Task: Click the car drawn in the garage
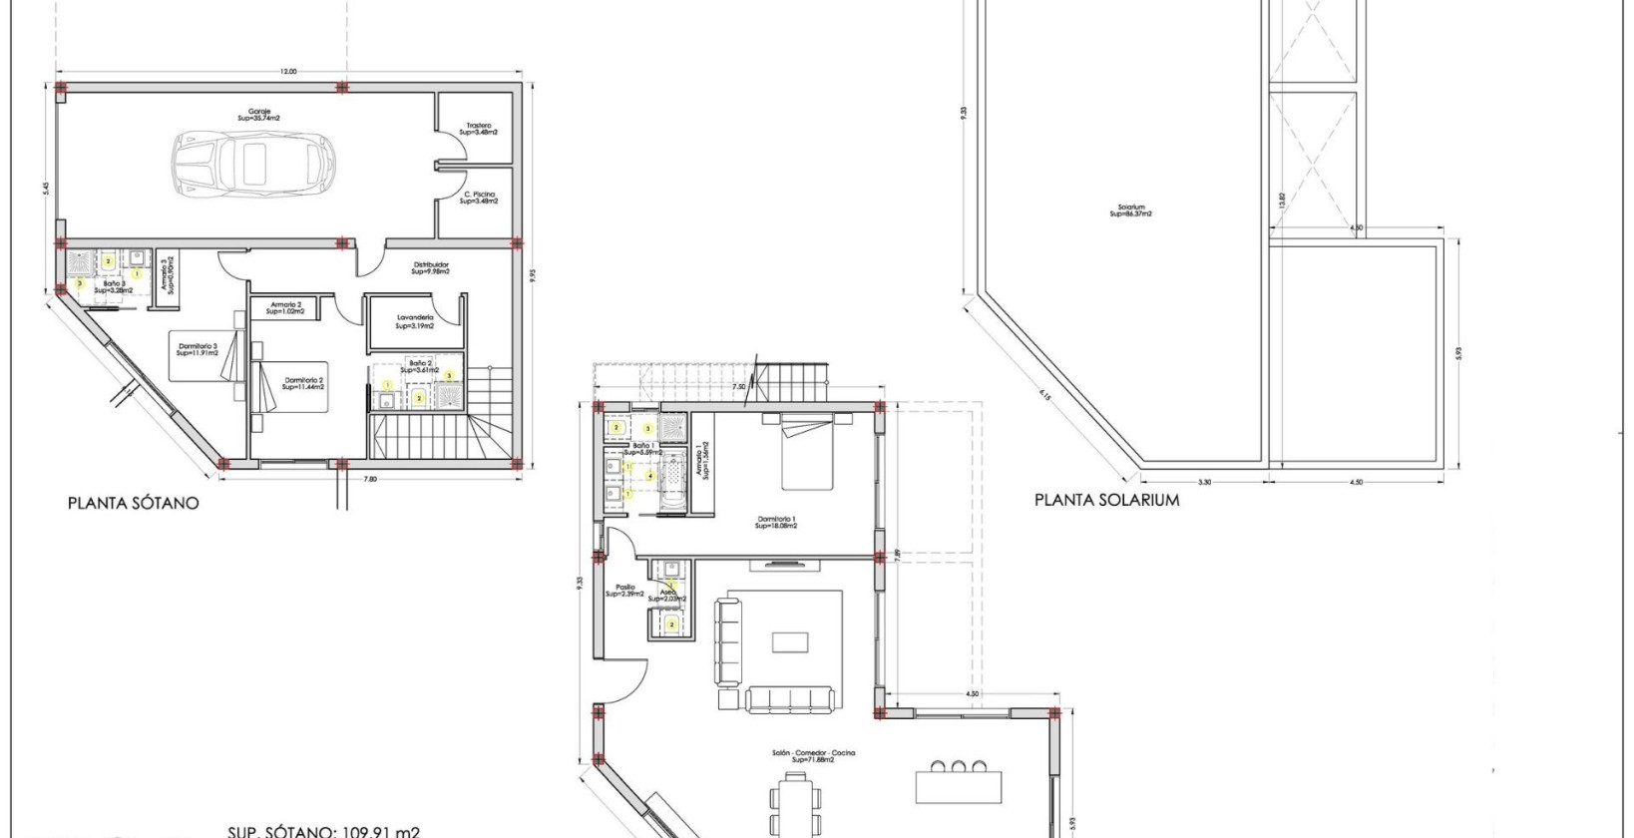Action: (x=254, y=162)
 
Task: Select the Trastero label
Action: (x=479, y=129)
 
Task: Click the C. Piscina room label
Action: (x=479, y=198)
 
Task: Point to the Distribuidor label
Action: (x=431, y=267)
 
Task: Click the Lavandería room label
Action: (x=415, y=321)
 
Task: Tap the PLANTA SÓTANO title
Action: (x=133, y=503)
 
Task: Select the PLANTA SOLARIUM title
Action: (x=1106, y=500)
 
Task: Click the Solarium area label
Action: (x=1132, y=210)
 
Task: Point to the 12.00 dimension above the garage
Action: (x=288, y=72)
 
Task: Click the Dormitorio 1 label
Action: (x=775, y=523)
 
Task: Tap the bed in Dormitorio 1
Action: (x=807, y=454)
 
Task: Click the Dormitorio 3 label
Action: (x=197, y=349)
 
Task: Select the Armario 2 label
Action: (x=283, y=307)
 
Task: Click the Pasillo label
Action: (x=624, y=591)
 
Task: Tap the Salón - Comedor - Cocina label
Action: (x=813, y=756)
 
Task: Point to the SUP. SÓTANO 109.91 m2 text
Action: (x=323, y=831)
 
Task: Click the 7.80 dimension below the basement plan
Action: (x=369, y=479)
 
